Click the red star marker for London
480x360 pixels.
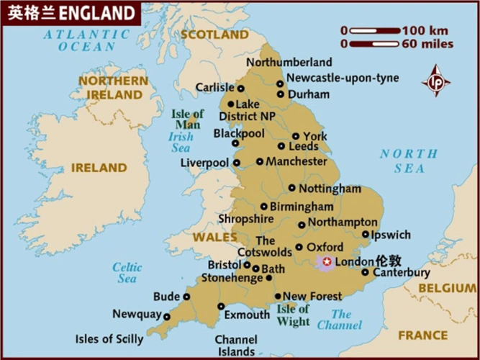tap(327, 262)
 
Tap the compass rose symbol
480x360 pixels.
tap(436, 81)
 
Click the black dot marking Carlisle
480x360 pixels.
tap(241, 88)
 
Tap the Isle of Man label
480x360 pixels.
tap(188, 120)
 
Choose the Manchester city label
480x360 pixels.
tap(296, 162)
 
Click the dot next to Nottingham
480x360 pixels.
tap(291, 188)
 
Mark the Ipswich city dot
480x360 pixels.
tap(366, 234)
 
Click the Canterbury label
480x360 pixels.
tap(401, 273)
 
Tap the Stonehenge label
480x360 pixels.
tap(232, 277)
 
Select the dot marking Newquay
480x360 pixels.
tap(167, 315)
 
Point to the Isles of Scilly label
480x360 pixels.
tap(109, 338)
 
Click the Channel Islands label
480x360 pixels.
tap(235, 346)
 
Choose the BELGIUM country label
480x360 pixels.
tap(447, 288)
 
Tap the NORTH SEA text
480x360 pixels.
tap(408, 161)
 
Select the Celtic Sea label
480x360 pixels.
tap(127, 273)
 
